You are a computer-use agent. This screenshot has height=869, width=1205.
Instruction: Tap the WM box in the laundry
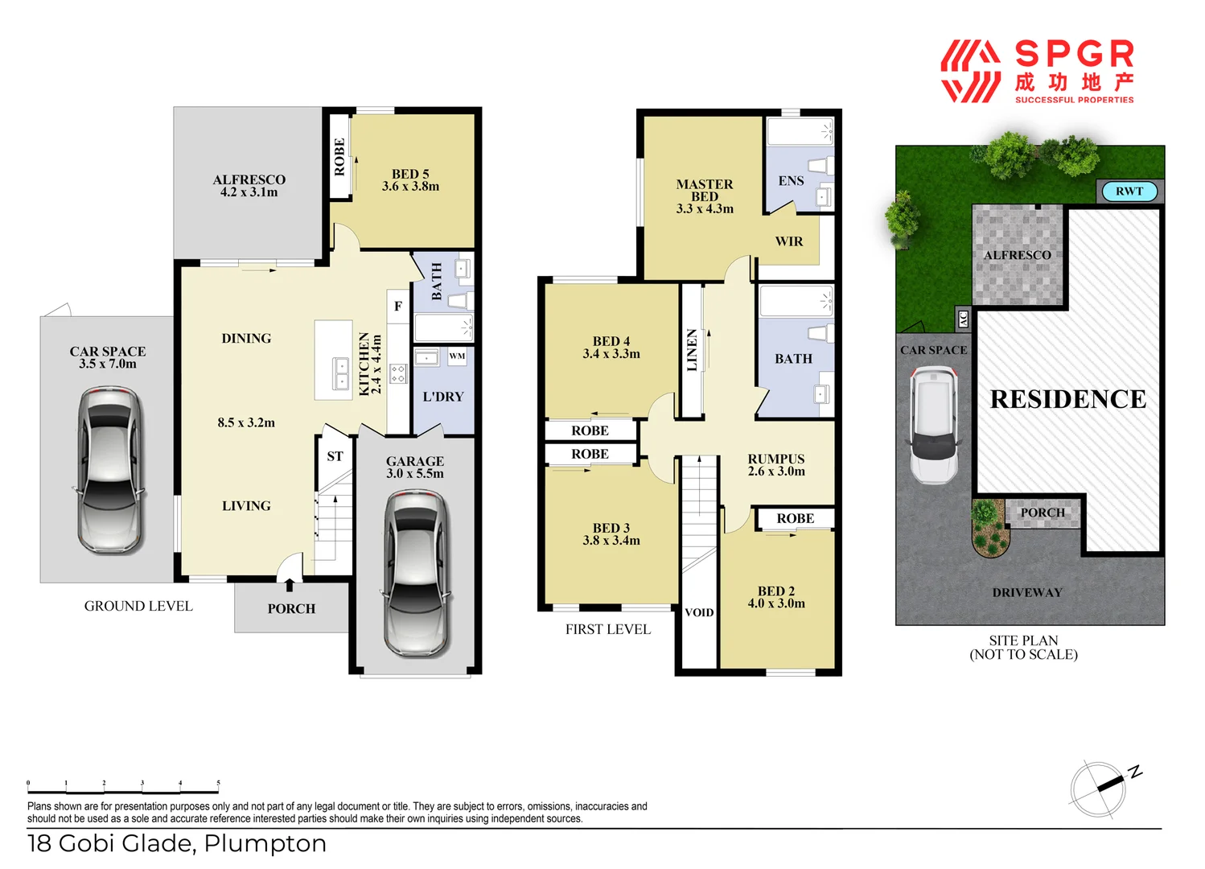[x=457, y=356]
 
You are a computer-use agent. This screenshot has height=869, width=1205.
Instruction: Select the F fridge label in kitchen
[x=398, y=307]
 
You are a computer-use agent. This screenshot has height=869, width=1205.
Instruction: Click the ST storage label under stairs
[x=335, y=456]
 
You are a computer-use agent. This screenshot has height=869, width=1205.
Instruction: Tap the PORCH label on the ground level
[x=291, y=609]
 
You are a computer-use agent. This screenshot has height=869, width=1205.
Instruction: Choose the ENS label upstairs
[x=791, y=181]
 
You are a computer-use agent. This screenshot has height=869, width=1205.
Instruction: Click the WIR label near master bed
[x=788, y=241]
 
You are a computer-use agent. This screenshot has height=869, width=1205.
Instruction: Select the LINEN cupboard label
[x=692, y=350]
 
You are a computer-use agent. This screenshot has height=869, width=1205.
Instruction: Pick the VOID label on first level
[x=699, y=612]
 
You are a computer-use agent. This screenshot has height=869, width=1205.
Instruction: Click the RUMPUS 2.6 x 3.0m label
[x=776, y=465]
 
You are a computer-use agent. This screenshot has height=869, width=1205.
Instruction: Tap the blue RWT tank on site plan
[x=1129, y=192]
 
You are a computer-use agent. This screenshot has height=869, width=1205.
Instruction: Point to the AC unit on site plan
[x=963, y=319]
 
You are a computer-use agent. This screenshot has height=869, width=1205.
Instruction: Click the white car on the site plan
[x=934, y=424]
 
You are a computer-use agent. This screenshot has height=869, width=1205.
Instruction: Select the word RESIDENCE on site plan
[x=1067, y=399]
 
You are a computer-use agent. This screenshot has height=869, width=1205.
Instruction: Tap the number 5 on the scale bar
[x=218, y=783]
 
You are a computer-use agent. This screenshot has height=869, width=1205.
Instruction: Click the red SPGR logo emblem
[x=970, y=72]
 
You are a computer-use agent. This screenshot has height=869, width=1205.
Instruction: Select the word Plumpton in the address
[x=265, y=843]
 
